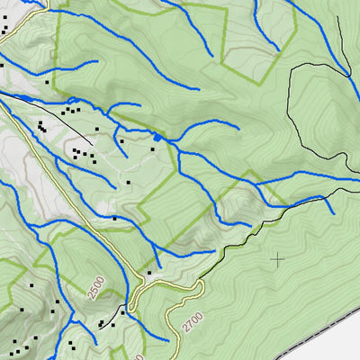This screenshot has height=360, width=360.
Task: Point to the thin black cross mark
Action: pos(277,259)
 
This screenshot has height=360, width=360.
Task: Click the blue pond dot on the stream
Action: pos(157,137)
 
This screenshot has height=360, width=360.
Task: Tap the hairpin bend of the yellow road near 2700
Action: pos(200,286)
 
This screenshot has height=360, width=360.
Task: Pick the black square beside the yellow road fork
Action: pos(148,273)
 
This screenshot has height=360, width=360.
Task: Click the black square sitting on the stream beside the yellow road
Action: pos(114,217)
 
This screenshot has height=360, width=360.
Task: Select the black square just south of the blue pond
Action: pos(153,149)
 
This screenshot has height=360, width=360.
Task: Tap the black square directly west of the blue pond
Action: pos(120,139)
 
